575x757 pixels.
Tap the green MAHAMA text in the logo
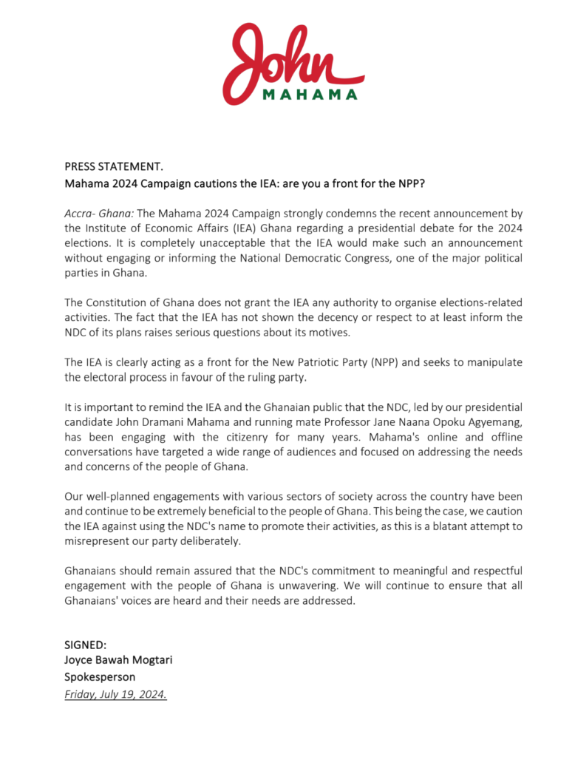click(x=310, y=95)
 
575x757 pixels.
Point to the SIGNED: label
click(x=86, y=645)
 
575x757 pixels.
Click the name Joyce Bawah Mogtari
click(x=118, y=660)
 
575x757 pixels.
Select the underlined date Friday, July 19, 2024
click(x=115, y=694)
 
